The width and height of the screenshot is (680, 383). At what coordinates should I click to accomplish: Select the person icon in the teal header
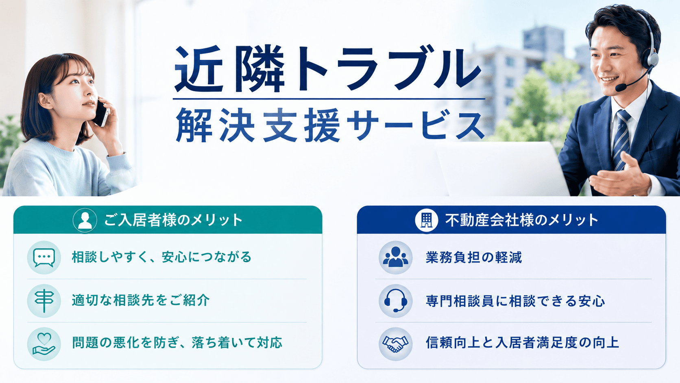[85, 220]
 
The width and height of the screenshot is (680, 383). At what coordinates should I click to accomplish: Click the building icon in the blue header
[427, 220]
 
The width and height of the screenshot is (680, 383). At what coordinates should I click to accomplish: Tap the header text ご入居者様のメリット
[173, 220]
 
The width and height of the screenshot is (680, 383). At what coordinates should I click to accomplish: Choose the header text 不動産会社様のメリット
[521, 220]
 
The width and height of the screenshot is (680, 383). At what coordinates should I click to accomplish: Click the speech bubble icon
[44, 258]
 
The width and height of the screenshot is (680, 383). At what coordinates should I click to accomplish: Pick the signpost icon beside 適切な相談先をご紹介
[44, 301]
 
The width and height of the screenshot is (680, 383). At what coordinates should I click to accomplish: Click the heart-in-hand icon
[44, 344]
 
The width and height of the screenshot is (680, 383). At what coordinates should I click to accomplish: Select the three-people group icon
[396, 257]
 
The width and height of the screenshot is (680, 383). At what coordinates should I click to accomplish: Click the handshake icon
[396, 344]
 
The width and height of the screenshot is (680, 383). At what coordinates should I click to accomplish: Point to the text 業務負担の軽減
[473, 258]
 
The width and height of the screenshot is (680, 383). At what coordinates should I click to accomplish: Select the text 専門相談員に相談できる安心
[515, 301]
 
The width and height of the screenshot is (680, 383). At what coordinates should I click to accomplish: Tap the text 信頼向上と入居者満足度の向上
[522, 343]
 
